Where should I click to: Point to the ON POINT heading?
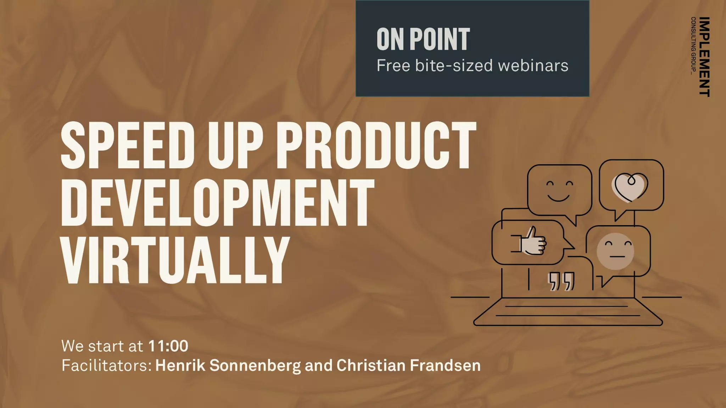pos(423,39)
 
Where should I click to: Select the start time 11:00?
pos(168,346)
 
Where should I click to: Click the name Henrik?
pos(180,365)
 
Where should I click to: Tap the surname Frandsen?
pos(445,365)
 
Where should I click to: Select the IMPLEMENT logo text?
pos(705,57)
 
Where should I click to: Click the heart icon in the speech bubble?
pos(631,187)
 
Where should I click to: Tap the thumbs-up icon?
pos(533,242)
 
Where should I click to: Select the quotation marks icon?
pos(561,282)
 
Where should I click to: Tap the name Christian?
pos(371,365)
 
